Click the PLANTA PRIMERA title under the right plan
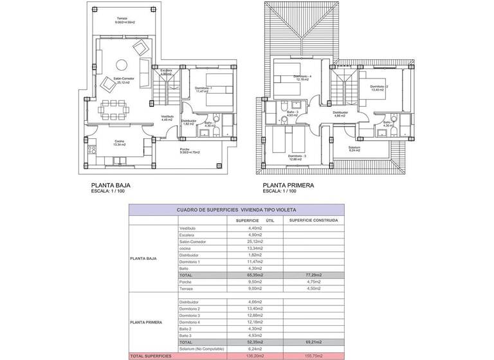288,185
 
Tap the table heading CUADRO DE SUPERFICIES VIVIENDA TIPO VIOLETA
237,210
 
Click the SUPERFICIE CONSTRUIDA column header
313,220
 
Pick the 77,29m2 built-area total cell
313,274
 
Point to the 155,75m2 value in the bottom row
313,355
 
